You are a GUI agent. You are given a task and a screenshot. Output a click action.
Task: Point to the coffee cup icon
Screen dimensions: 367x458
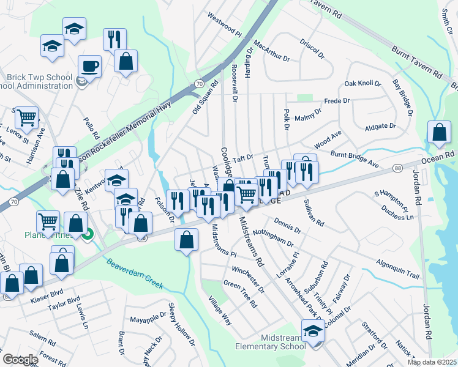click(89, 65)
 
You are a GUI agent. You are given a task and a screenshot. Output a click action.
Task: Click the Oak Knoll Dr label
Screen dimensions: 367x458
click(362, 83)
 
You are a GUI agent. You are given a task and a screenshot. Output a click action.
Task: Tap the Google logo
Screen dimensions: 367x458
click(20, 360)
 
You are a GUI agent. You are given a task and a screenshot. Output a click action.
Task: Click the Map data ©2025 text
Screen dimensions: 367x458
click(431, 362)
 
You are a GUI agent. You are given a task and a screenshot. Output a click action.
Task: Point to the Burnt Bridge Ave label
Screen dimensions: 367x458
click(355, 159)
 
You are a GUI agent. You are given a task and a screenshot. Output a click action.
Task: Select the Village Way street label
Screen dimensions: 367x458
click(220, 311)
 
